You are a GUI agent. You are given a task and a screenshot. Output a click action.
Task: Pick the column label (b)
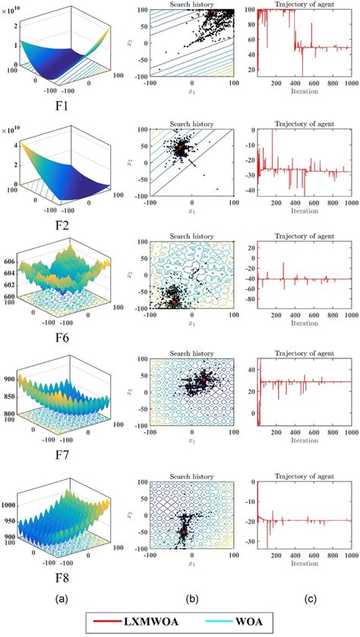pyautogui.click(x=193, y=598)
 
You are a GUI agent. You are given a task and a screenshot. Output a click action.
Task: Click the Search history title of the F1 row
pyautogui.click(x=191, y=5)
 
